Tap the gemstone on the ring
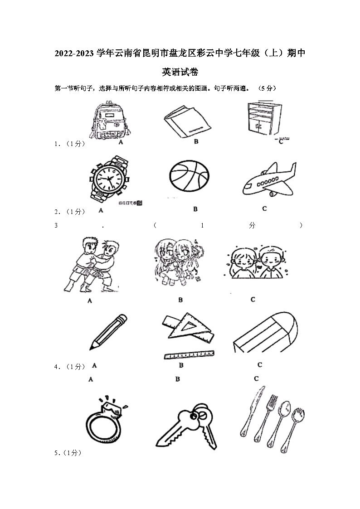pos(112,406)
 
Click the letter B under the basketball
pos(195,209)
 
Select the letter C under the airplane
pos(264,208)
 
